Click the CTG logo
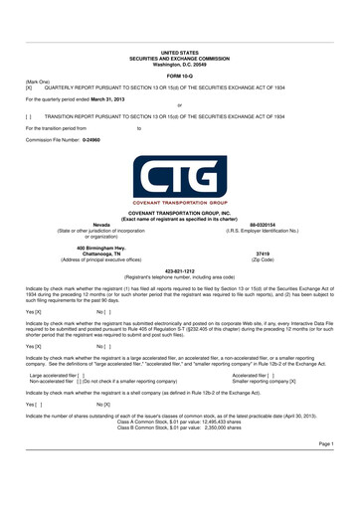180,178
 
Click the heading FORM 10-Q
180,76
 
